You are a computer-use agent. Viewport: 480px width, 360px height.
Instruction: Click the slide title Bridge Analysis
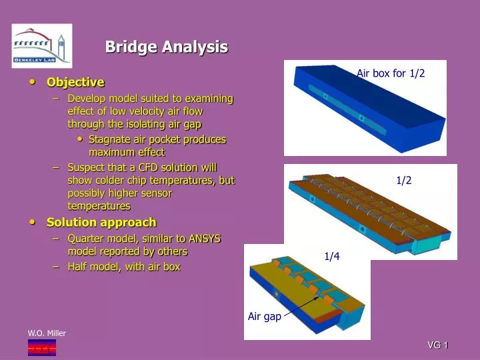coord(167,47)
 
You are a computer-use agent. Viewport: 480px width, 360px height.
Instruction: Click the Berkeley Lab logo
coord(41,46)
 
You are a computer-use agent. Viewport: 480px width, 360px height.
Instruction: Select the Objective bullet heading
coord(75,82)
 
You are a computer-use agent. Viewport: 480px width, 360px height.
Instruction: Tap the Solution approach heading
coord(101,222)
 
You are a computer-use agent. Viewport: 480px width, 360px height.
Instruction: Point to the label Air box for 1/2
coord(391,73)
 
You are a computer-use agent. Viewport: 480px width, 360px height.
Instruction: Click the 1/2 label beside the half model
coord(404,180)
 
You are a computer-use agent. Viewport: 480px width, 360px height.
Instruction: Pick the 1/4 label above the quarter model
coord(332,256)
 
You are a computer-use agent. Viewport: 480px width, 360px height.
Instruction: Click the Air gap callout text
coord(265,317)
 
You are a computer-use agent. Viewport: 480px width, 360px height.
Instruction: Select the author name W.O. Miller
coord(47,333)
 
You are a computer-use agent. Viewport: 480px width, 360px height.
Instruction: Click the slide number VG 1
coord(437,345)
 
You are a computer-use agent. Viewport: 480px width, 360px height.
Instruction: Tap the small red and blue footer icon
coord(41,347)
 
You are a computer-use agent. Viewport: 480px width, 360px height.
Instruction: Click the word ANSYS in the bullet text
coord(206,238)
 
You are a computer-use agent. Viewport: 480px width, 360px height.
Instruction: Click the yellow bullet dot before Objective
coord(33,82)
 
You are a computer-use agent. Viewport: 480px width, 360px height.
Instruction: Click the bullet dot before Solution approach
coord(33,222)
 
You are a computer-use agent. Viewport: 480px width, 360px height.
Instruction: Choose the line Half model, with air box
coord(123,267)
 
